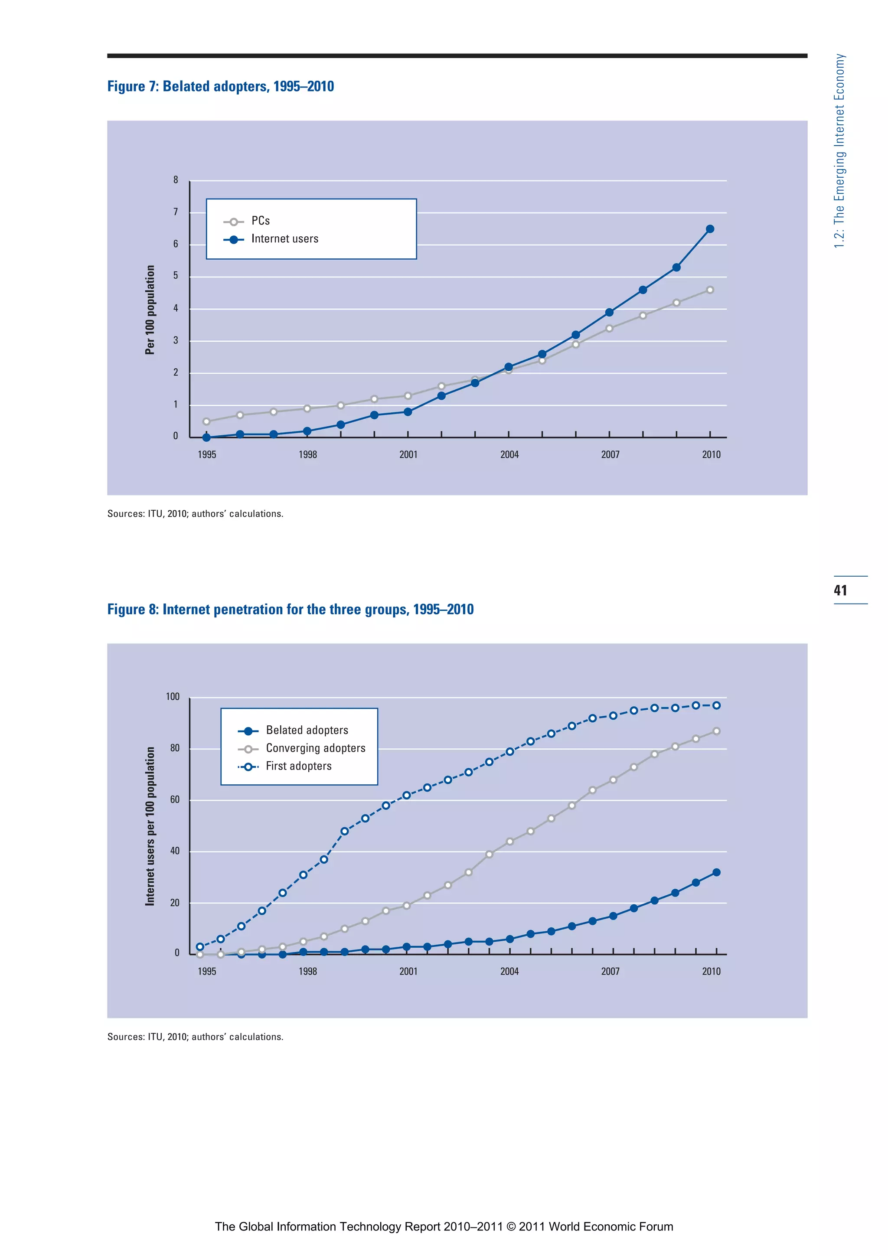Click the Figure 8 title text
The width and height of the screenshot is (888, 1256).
tap(290, 610)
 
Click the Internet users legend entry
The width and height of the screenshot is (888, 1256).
tap(284, 239)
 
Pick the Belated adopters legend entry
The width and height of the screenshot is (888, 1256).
tap(307, 730)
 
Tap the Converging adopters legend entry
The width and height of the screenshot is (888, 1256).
tap(315, 748)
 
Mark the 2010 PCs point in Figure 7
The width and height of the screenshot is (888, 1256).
tap(710, 290)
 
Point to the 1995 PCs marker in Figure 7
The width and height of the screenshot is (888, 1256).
tap(206, 422)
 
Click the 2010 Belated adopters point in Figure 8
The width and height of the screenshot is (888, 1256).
tap(716, 873)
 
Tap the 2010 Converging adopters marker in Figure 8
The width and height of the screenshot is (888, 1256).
tap(716, 731)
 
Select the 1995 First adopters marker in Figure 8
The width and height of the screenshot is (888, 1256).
tap(200, 947)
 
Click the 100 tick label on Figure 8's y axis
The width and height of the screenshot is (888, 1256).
tap(172, 697)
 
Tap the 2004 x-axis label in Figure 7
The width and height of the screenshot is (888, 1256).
tap(509, 455)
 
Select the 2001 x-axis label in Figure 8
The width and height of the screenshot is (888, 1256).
tap(408, 972)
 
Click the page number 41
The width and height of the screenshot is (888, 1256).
tap(840, 590)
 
